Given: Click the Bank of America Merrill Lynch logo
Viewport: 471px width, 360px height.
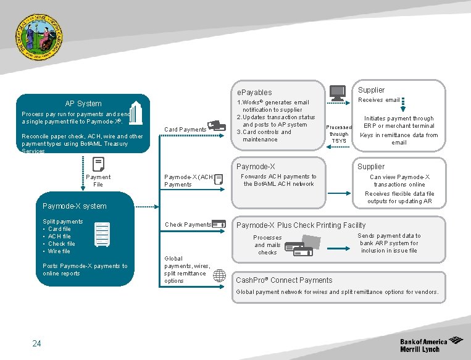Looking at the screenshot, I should click(x=431, y=345).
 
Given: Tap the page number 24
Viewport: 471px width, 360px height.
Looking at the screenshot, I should click(x=36, y=343).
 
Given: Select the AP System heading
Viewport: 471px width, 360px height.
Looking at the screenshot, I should click(x=83, y=104).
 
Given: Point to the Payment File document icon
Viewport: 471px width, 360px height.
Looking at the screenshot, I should click(x=98, y=164).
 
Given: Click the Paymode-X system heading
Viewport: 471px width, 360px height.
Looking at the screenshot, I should click(x=74, y=206).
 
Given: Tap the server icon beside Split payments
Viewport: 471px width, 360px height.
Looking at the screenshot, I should click(x=102, y=235).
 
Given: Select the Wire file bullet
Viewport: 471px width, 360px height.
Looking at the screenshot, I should click(x=59, y=251).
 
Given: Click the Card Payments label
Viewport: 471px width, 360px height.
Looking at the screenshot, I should click(x=185, y=130).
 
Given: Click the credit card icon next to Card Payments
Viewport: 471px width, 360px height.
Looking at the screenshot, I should click(x=217, y=125).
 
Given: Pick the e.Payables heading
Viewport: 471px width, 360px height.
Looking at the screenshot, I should click(x=254, y=93).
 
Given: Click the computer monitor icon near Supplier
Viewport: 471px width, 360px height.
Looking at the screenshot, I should click(x=338, y=93).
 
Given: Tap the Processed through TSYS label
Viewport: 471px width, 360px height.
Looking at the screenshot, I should click(x=339, y=134).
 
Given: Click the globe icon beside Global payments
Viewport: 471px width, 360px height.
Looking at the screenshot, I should click(x=219, y=275).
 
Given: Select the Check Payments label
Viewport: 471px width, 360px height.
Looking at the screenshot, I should click(x=188, y=225).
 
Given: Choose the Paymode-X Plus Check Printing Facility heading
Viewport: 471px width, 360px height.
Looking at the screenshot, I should click(x=301, y=225).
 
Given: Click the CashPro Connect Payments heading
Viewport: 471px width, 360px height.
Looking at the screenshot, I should click(x=284, y=280).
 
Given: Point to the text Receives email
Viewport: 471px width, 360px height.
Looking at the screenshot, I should click(x=378, y=100).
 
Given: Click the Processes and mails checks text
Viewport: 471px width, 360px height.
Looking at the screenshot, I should click(x=267, y=245).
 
